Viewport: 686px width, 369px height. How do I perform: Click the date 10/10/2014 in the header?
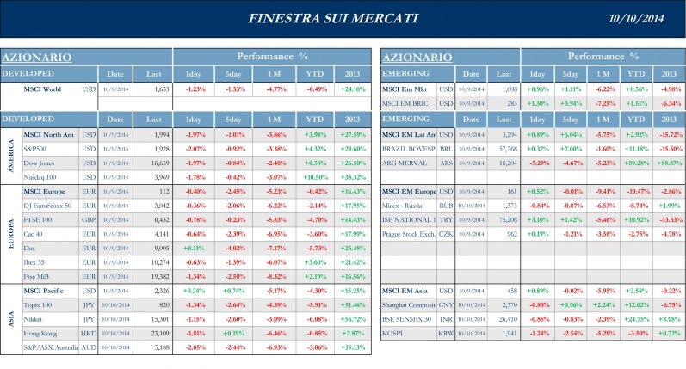637,18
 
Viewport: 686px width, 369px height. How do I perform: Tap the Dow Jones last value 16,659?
158,163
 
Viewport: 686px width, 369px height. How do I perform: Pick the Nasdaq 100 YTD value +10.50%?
317,176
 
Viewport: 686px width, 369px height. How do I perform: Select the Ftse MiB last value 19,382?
158,275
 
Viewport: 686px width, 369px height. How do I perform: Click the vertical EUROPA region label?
9,233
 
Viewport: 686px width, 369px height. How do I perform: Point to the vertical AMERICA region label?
9,155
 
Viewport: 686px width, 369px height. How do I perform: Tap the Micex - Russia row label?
408,206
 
